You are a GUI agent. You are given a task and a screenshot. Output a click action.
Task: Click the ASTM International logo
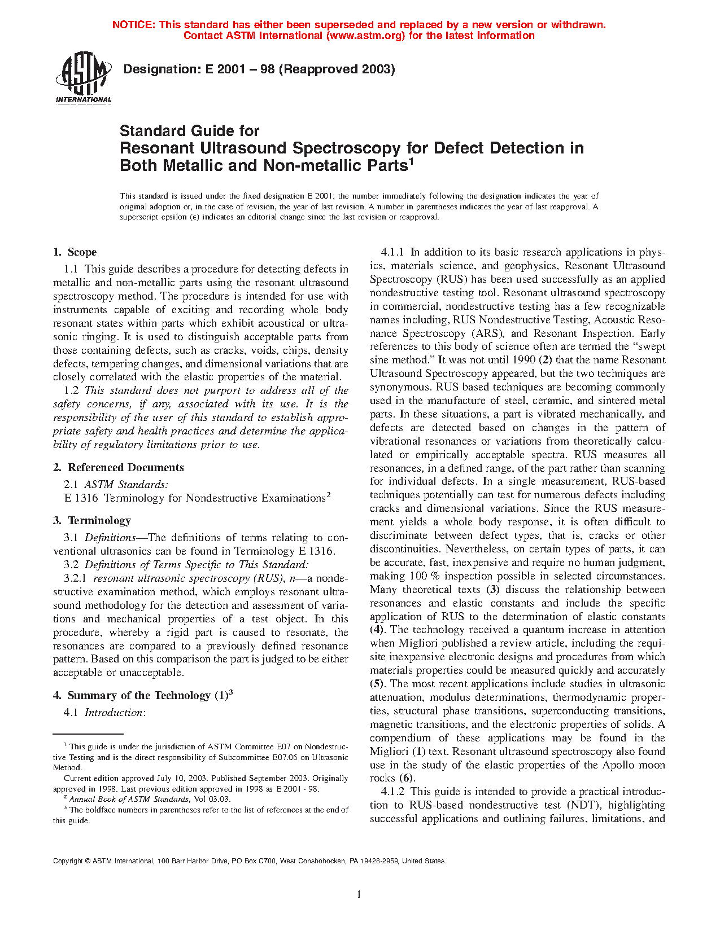[x=83, y=78]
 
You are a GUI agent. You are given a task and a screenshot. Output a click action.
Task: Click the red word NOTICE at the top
[x=133, y=25]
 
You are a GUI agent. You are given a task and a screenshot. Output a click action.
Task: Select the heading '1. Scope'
[x=75, y=252]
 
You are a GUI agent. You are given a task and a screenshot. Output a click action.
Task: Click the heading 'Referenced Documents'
[x=125, y=467]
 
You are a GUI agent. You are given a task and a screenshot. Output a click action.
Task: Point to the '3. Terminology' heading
[x=92, y=520]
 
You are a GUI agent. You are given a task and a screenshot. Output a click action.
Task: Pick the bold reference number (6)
[x=407, y=779]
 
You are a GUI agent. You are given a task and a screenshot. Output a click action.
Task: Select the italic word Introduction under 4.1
[x=114, y=713]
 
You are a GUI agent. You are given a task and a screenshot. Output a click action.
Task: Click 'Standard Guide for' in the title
[x=189, y=131]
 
